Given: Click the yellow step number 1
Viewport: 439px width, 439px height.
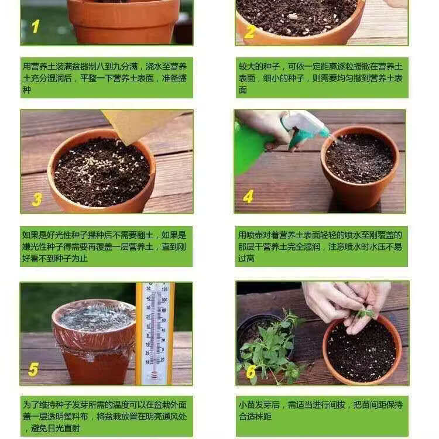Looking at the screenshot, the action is point(36,26).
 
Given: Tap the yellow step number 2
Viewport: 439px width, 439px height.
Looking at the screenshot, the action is point(249,32).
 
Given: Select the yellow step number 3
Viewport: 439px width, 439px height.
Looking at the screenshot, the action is point(37,200).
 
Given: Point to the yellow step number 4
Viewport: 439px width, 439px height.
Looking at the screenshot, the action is point(248,197).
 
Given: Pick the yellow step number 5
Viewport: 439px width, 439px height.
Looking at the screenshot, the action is point(33,369).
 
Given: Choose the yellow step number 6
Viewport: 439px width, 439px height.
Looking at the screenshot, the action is point(251,372).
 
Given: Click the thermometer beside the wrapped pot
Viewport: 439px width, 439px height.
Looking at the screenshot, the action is point(155,333).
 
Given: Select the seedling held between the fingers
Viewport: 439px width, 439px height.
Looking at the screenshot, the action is point(364,313).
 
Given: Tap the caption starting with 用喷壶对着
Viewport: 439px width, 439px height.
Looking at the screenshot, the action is point(321,246).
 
